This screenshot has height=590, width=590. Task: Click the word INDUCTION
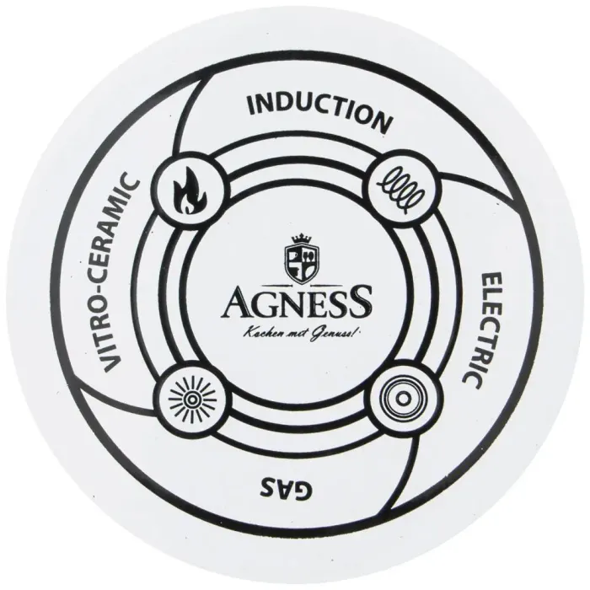coord(319,113)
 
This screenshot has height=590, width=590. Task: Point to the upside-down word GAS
coord(286,488)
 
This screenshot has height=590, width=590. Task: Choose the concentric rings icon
coord(401,398)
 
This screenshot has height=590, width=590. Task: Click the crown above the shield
coord(302,239)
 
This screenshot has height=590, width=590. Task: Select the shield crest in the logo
coord(302,264)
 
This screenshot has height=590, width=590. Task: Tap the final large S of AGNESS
coord(358,301)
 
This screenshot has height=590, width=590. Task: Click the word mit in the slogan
coord(294,334)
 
